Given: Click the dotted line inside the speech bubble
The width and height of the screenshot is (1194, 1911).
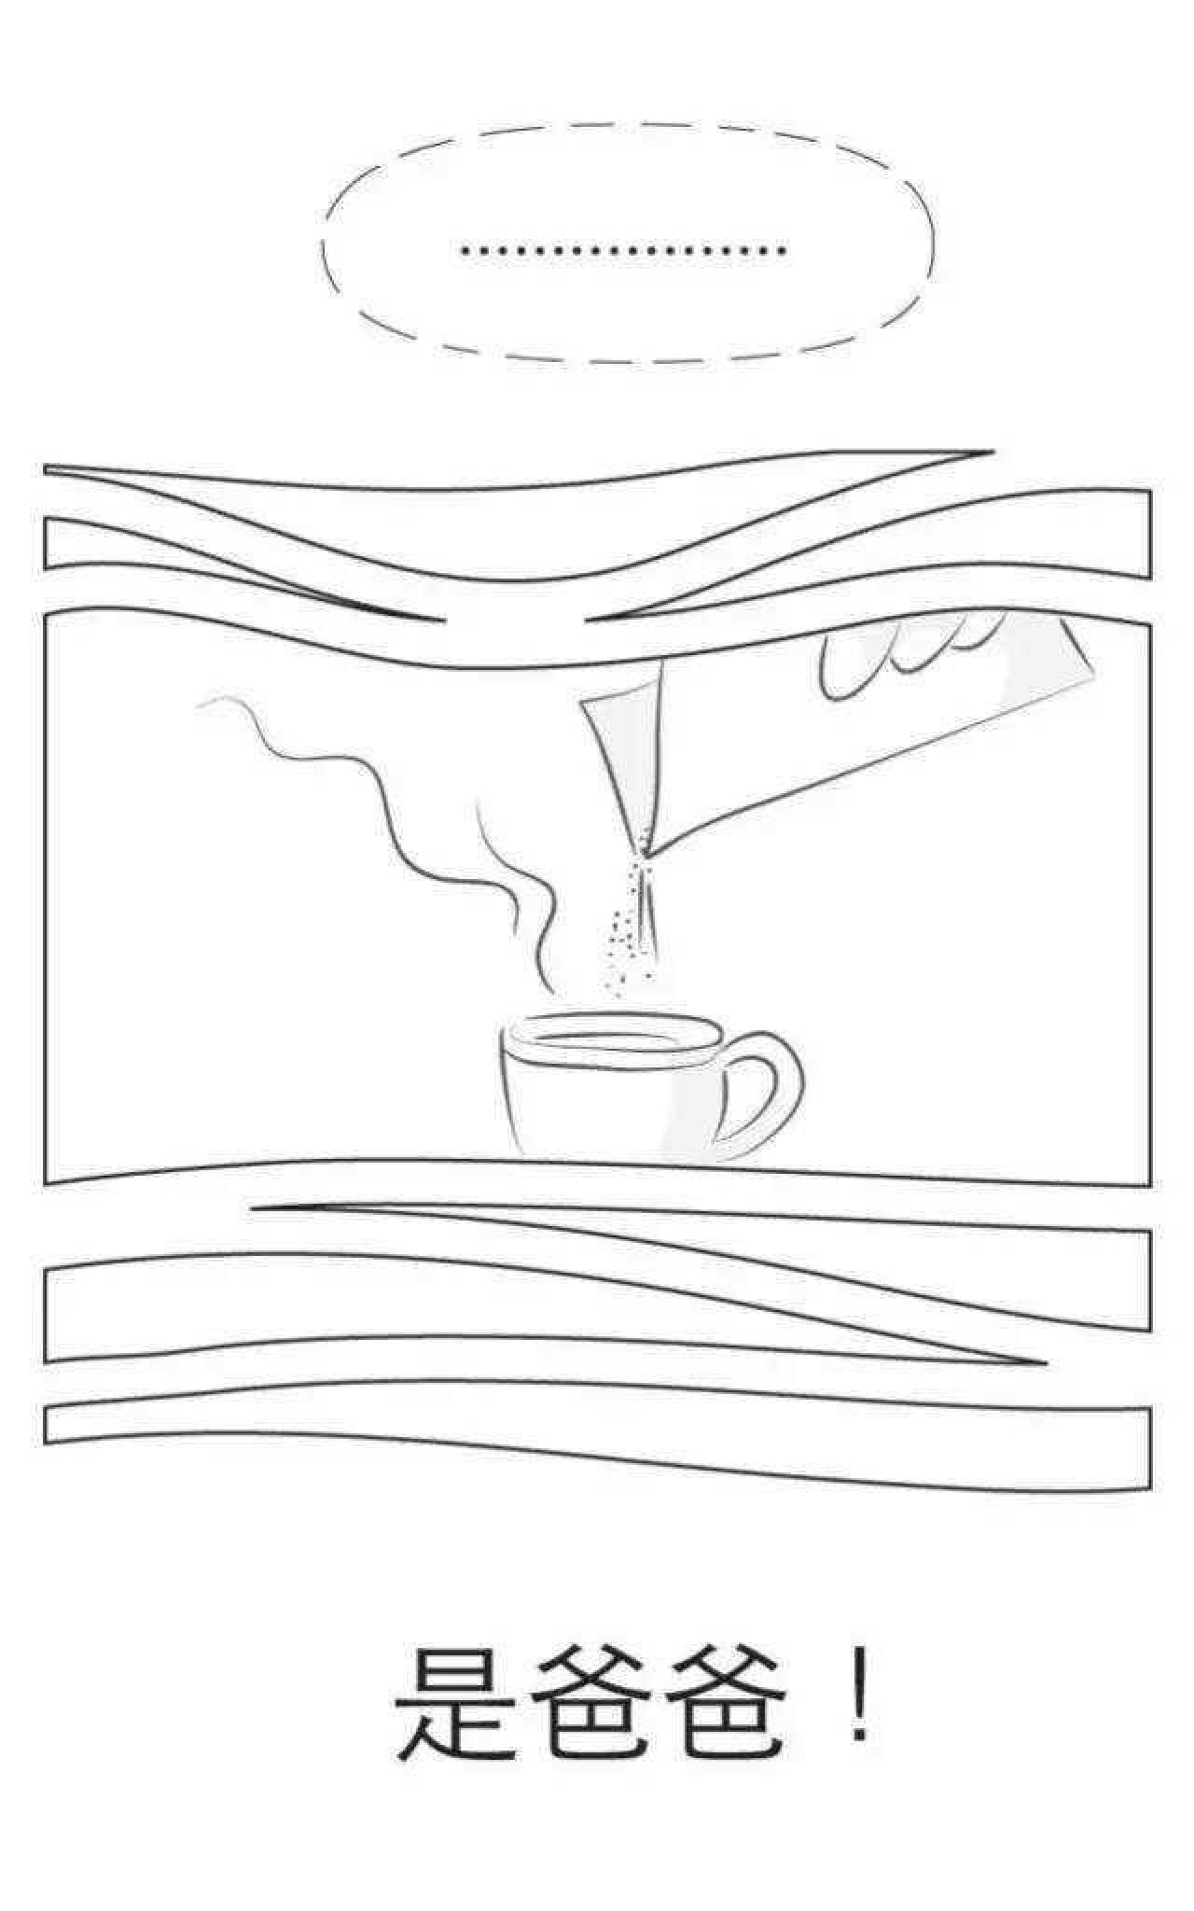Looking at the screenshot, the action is click(623, 250).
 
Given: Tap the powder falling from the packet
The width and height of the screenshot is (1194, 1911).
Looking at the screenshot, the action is click(632, 924).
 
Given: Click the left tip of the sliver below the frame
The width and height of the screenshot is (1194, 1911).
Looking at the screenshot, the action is click(254, 1209).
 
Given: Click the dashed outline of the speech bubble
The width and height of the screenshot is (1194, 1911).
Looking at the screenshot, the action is click(627, 122).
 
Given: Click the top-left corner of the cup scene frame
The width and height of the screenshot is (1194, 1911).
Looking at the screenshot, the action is click(46, 616).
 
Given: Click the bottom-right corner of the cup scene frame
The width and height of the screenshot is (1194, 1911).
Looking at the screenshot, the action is click(1149, 1185).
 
